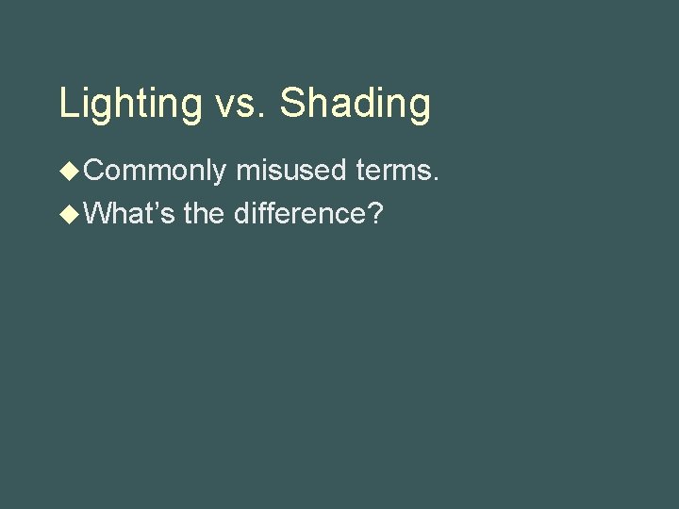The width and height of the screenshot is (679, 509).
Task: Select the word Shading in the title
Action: click(356, 104)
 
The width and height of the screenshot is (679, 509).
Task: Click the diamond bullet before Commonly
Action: click(70, 171)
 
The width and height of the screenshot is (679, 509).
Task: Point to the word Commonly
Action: click(156, 172)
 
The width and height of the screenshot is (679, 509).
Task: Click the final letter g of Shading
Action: click(420, 108)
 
